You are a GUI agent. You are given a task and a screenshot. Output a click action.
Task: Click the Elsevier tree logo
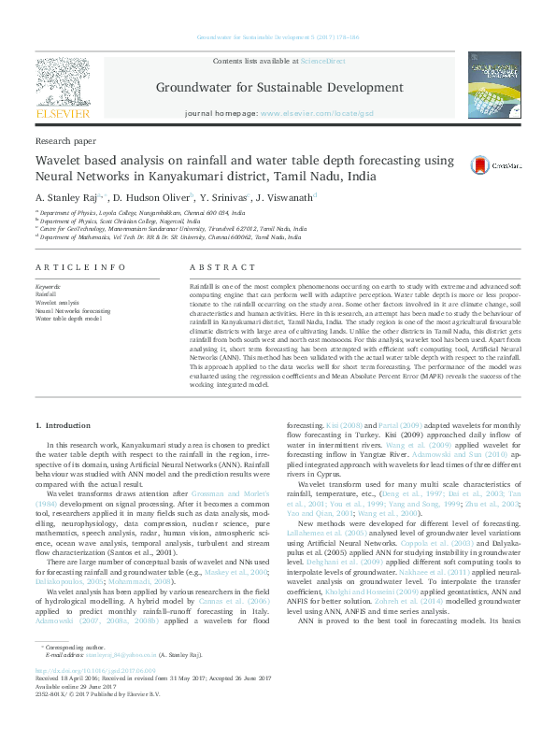coord(62,82)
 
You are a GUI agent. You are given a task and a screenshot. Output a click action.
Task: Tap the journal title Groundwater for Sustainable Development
coord(278,90)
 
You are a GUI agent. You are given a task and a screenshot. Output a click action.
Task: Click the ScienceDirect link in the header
coord(320,60)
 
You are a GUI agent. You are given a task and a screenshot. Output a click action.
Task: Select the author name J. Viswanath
coord(284,197)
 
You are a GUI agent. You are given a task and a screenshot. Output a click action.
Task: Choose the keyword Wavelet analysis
coord(57,303)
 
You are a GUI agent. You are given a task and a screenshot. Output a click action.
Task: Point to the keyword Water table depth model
coord(67,318)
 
